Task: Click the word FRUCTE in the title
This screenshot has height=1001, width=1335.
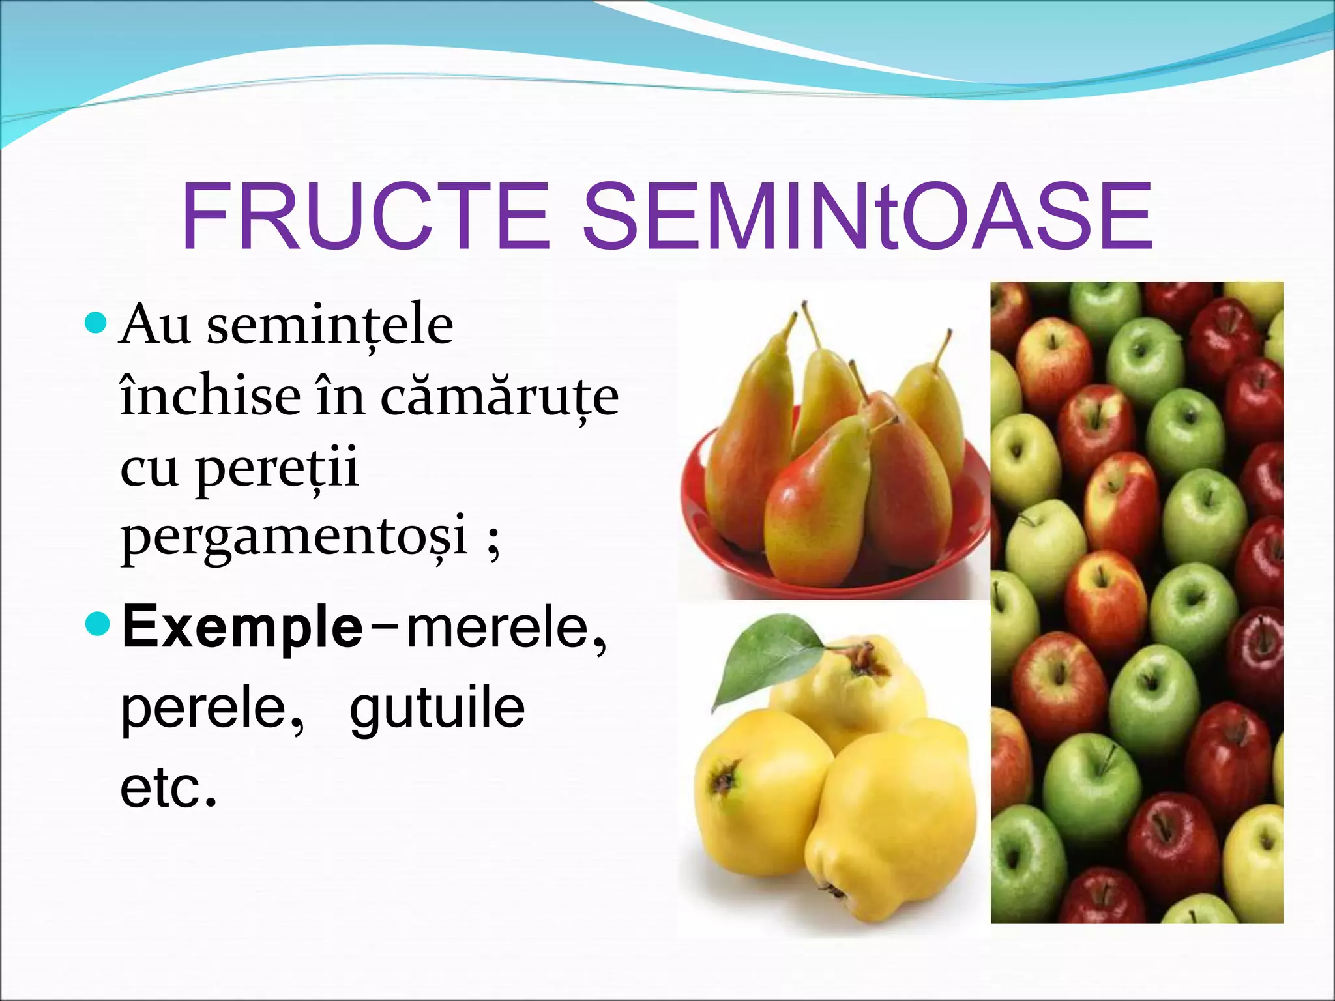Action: [365, 216]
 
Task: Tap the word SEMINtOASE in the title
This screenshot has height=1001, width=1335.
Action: [867, 216]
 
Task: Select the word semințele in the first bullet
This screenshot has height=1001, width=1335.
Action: [330, 326]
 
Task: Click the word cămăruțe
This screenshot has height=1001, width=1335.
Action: [499, 397]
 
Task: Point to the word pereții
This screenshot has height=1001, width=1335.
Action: [276, 469]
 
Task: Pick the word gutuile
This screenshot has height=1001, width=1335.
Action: [437, 708]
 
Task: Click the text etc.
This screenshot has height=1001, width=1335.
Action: [168, 788]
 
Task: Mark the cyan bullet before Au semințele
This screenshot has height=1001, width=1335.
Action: [96, 322]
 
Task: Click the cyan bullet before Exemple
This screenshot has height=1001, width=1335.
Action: [98, 624]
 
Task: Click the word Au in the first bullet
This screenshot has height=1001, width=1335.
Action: [155, 326]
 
